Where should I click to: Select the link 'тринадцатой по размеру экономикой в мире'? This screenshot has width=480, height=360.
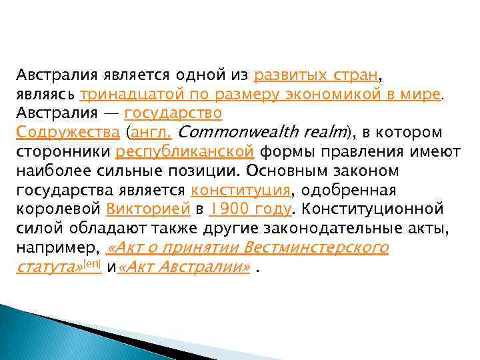coord(261,92)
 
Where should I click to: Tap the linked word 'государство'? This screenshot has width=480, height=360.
coord(173,112)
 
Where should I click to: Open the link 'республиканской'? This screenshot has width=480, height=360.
coord(184,151)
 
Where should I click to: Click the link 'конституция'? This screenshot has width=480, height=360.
coord(240,190)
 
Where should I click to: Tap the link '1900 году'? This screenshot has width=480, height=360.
coord(249,209)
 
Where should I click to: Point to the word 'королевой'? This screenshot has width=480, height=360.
coord(58,209)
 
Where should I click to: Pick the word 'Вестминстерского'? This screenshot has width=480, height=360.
coord(316,249)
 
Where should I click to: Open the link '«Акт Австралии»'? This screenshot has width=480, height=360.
coord(184,269)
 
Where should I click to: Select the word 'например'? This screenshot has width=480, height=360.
coord(57,249)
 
